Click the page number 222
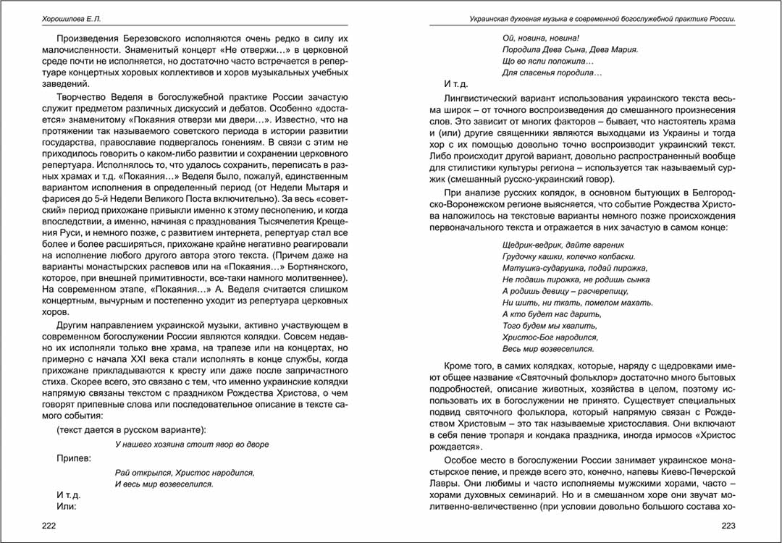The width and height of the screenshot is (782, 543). pyautogui.click(x=49, y=525)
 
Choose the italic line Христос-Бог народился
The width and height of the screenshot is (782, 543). pyautogui.click(x=550, y=337)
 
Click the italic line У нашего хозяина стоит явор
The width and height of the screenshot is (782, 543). pyautogui.click(x=192, y=444)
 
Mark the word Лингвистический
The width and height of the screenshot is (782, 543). pyautogui.click(x=482, y=97)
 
